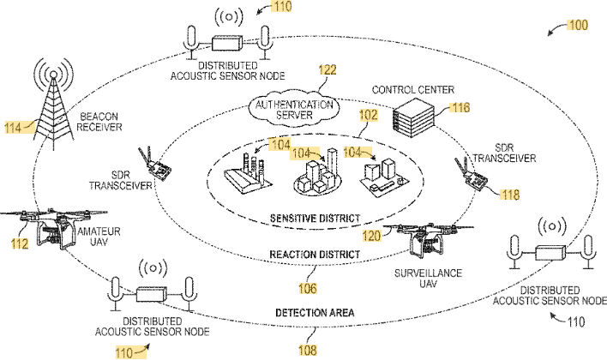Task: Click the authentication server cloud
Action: pos(292,110)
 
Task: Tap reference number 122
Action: pos(327,70)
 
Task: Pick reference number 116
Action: pos(460,109)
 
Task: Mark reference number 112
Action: pos(19,244)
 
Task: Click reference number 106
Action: pos(307,287)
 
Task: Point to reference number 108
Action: pos(307,350)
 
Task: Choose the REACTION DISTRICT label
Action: pos(306,256)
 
